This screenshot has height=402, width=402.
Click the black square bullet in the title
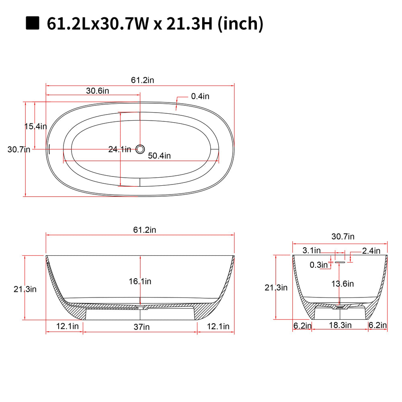[x=33, y=23]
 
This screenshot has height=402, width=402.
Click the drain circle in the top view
[x=140, y=149]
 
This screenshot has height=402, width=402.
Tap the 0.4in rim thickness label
[x=200, y=96]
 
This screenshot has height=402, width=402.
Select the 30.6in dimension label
[x=97, y=91]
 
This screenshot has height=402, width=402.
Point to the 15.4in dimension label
[x=36, y=126]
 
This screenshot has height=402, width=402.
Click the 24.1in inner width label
[x=120, y=149]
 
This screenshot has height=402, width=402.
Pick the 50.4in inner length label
[x=159, y=156]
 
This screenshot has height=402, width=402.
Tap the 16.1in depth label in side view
[x=140, y=281]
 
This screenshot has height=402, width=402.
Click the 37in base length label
[x=142, y=327]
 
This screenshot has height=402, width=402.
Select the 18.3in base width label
[x=340, y=325]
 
